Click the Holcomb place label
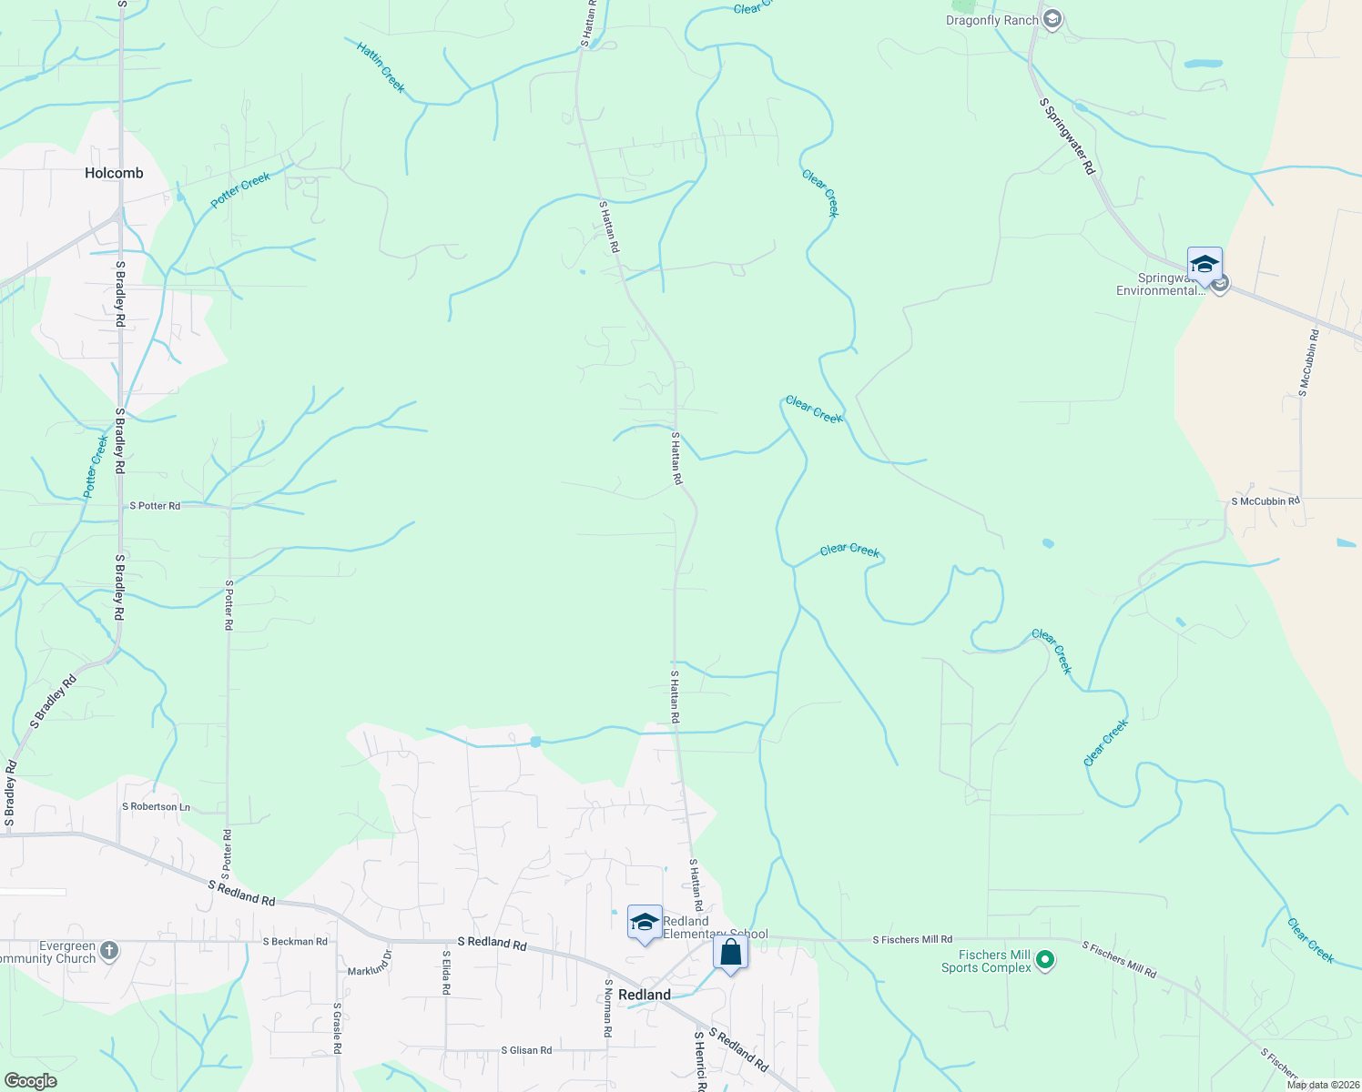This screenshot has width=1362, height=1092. [114, 173]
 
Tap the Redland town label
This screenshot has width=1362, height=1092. [645, 995]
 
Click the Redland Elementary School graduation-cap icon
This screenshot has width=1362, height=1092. [645, 922]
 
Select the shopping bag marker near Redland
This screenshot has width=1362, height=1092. [730, 954]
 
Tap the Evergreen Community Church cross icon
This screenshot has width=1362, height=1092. [108, 951]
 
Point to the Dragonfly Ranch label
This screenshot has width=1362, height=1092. [991, 20]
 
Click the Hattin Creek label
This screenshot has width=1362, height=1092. [381, 67]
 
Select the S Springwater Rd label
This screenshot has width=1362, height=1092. [1067, 136]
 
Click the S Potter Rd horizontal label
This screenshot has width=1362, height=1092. [155, 505]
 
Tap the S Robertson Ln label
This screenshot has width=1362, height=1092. [157, 806]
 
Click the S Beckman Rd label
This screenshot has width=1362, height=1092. [295, 941]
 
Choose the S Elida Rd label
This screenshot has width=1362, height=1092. [446, 972]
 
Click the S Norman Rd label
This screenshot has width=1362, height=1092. [607, 1008]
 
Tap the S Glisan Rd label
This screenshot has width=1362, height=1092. [526, 1050]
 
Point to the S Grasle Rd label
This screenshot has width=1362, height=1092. [337, 1028]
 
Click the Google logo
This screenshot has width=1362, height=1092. [30, 1080]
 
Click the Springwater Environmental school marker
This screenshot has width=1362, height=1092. [1204, 265]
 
